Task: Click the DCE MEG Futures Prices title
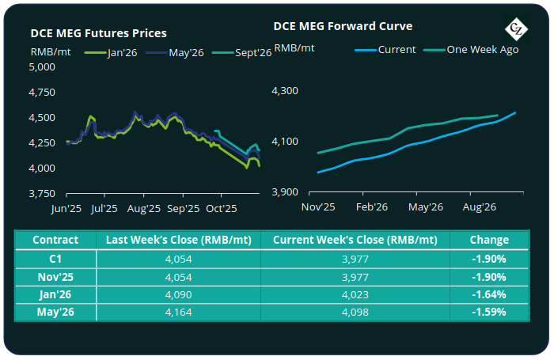[98, 33]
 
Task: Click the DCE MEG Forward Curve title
[343, 25]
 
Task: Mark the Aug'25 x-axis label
[144, 210]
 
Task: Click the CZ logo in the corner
[517, 30]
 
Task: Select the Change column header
[489, 240]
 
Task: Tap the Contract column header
[55, 240]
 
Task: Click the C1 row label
[55, 258]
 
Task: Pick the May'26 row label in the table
[55, 312]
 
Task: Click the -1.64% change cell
[489, 294]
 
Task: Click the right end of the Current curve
[515, 112]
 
